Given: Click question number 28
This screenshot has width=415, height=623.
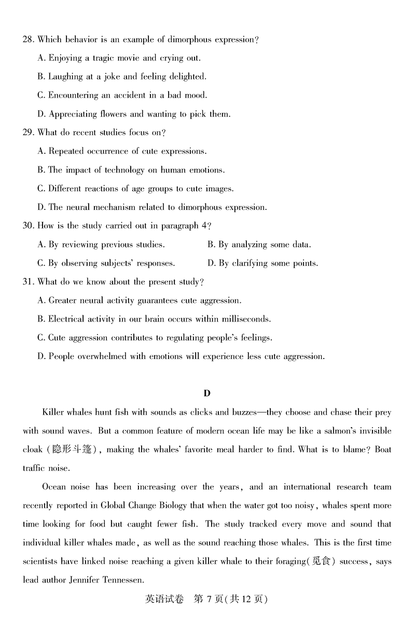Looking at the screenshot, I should (x=28, y=39).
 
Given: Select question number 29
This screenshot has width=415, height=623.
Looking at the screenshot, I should (x=28, y=132).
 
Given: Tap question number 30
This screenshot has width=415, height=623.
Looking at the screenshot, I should (x=28, y=226).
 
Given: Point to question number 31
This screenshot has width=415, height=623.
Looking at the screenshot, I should (x=28, y=282).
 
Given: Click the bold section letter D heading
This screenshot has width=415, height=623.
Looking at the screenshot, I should (x=207, y=393).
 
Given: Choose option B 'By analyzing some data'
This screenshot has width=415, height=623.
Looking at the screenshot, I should (x=259, y=245).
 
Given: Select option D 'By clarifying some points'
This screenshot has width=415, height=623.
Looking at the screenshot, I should (x=262, y=263).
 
